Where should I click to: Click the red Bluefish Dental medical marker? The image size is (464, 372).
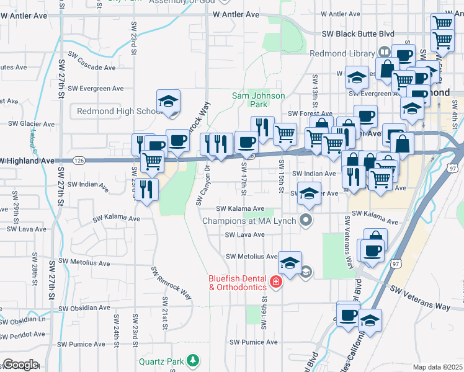tap(275, 283)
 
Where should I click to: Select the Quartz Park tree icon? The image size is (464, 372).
tap(194, 360)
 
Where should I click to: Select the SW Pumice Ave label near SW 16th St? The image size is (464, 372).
tap(253, 342)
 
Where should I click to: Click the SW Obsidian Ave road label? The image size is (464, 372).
tap(84, 308)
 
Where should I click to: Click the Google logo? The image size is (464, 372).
tap(20, 365)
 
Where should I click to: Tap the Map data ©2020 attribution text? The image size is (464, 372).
tap(437, 367)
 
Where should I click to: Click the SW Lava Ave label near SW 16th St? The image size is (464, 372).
tap(244, 235)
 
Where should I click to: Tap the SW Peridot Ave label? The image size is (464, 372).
tap(22, 335)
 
